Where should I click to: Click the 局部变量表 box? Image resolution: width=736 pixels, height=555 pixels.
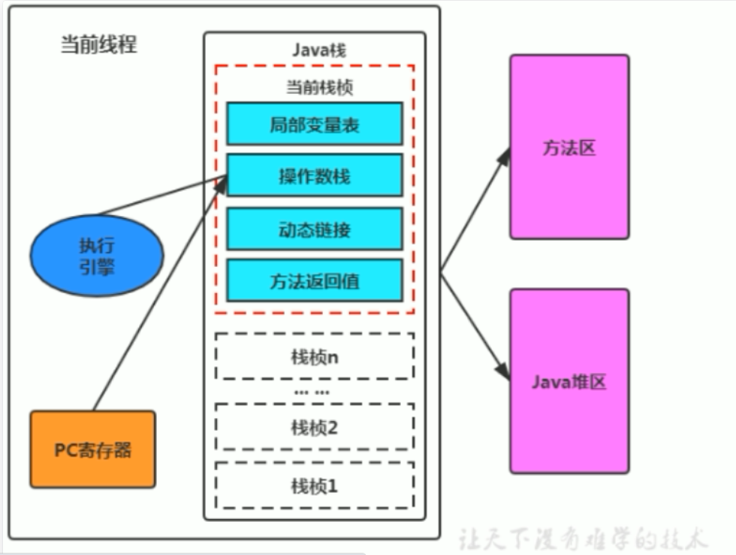coord(314,123)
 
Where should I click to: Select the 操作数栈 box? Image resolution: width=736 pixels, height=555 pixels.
coord(314,176)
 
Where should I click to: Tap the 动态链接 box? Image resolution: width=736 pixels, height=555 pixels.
coord(314,229)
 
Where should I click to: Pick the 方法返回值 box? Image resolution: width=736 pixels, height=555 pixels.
coord(314,281)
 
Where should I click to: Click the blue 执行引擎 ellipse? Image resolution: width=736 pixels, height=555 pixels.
coord(97,256)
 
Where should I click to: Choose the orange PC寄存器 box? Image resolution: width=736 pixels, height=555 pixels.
coord(93,449)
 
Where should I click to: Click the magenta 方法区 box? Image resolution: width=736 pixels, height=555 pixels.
coord(569,147)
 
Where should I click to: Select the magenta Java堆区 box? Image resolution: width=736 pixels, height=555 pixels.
coord(569,381)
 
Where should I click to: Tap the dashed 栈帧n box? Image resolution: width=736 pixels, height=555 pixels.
coord(314,356)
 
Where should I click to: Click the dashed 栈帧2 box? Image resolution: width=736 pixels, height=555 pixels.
coord(314,426)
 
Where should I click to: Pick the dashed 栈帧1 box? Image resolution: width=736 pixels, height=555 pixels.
coord(314,485)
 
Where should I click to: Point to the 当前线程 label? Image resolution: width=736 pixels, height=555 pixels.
coord(98,44)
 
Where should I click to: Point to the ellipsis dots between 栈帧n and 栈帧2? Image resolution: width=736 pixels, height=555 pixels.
coord(312,393)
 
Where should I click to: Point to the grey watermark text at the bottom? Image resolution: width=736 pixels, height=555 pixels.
coord(582,538)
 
